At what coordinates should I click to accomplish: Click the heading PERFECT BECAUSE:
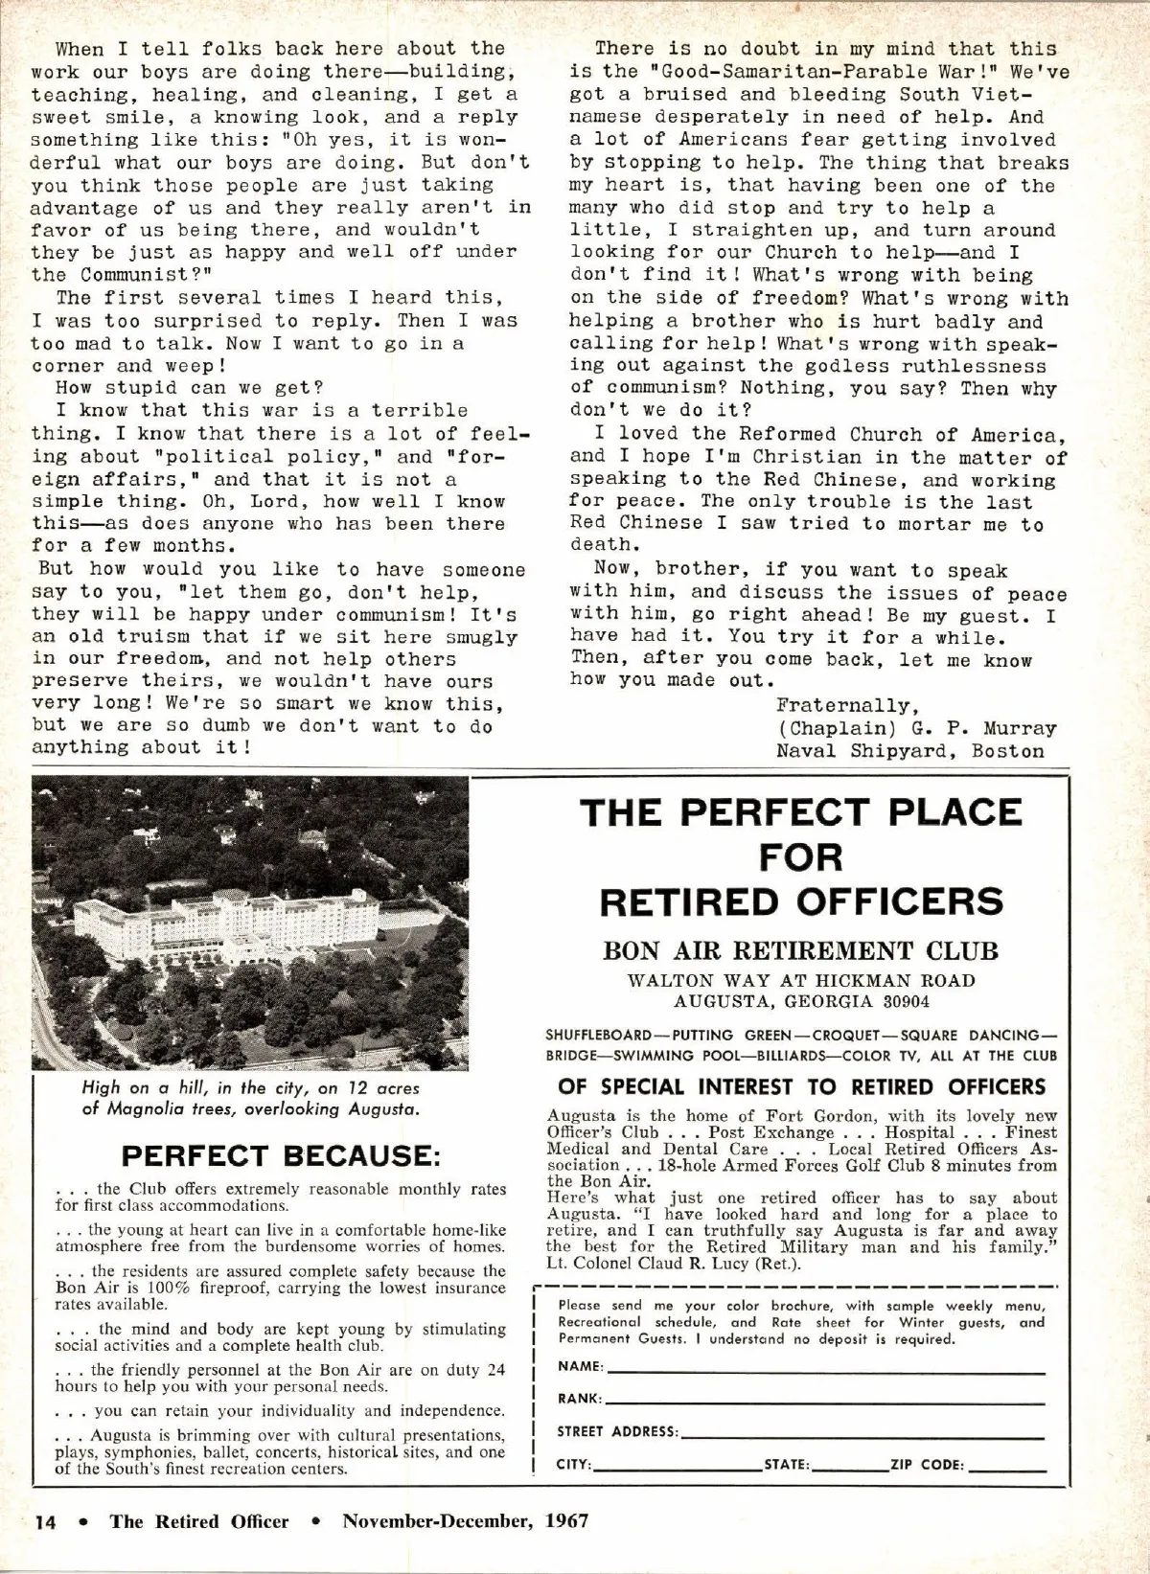tap(281, 1154)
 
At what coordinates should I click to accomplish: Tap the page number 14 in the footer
tap(45, 1521)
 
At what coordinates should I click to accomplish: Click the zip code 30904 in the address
tap(901, 1003)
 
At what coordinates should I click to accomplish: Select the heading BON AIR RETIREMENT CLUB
tap(800, 951)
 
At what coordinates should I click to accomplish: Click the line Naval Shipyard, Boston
tap(909, 751)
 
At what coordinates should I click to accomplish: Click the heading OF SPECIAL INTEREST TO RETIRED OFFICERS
tap(801, 1087)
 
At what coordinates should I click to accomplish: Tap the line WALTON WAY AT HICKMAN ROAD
tap(801, 981)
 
